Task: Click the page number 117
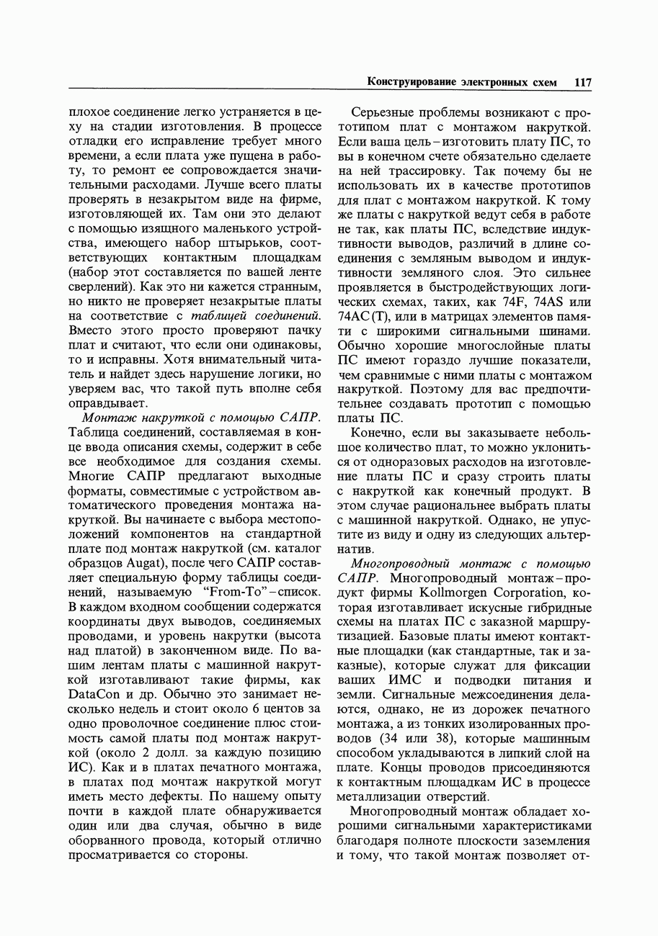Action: coord(582,82)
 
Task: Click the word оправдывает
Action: coord(107,402)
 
